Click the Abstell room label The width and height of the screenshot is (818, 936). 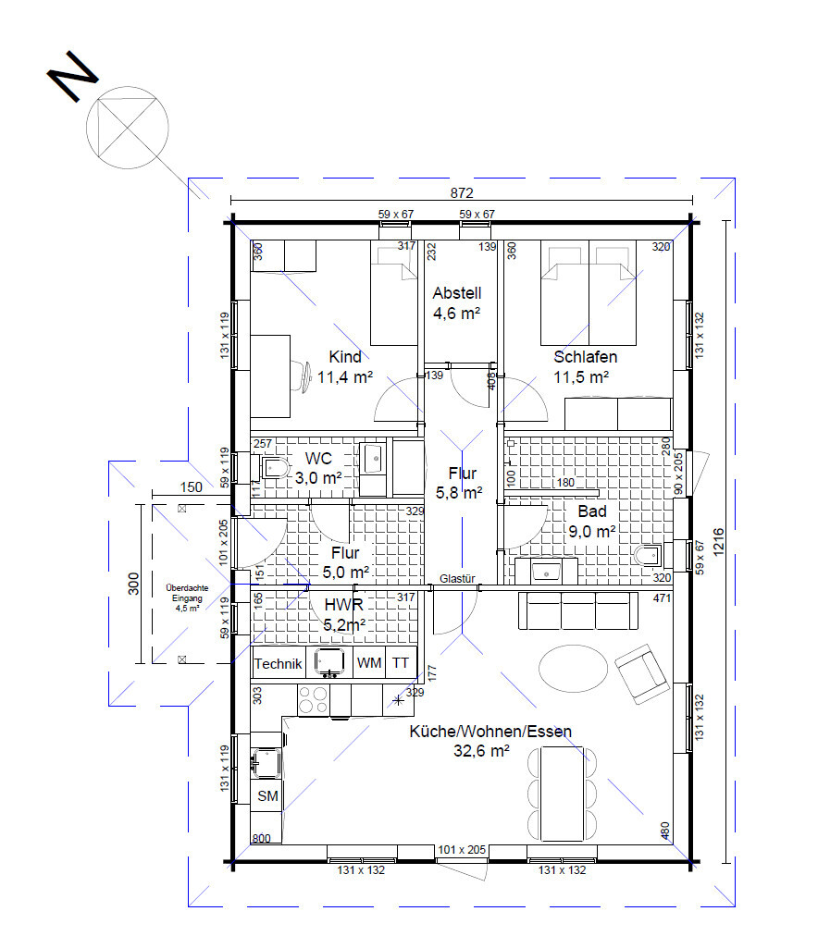pyautogui.click(x=457, y=293)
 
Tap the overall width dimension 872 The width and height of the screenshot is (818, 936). pyautogui.click(x=462, y=192)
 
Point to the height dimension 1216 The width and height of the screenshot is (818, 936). pyautogui.click(x=718, y=542)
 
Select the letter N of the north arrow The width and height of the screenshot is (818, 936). pyautogui.click(x=72, y=76)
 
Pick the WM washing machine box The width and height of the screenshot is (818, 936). pyautogui.click(x=369, y=662)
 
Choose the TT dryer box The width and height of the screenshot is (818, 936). pyautogui.click(x=401, y=662)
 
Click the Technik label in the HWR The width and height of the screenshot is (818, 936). pyautogui.click(x=279, y=664)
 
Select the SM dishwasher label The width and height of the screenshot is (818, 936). pyautogui.click(x=267, y=795)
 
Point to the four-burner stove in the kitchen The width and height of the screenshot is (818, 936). pyautogui.click(x=314, y=699)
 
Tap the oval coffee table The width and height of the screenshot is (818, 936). pyautogui.click(x=573, y=667)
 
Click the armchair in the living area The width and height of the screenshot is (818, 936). pyautogui.click(x=642, y=674)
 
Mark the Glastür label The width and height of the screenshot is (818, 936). pyautogui.click(x=457, y=578)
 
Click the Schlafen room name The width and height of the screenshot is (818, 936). pyautogui.click(x=585, y=357)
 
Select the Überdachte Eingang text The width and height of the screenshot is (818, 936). pyautogui.click(x=187, y=593)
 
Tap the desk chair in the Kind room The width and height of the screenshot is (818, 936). pyautogui.click(x=302, y=377)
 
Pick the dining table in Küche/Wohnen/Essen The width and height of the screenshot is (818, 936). pyautogui.click(x=562, y=794)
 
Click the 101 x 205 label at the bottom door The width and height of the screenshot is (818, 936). pyautogui.click(x=462, y=849)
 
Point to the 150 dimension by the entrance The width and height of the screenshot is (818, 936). pyautogui.click(x=191, y=487)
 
